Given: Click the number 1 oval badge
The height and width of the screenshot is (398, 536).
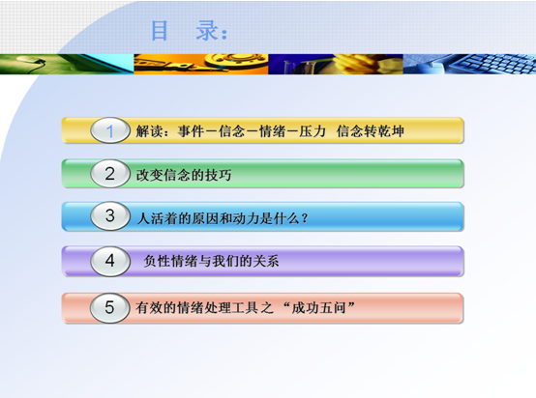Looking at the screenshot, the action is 110,130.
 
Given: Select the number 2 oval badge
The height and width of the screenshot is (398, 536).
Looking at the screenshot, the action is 110,173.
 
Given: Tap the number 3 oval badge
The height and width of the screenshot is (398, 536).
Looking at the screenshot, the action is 110,215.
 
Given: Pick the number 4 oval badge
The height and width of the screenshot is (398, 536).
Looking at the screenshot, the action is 110,261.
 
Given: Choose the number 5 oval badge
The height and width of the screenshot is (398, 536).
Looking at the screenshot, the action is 110,307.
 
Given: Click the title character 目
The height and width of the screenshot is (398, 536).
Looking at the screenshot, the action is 160,30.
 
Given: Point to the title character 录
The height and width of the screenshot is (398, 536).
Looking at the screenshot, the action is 207,30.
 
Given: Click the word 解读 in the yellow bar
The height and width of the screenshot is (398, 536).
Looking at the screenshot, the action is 149,131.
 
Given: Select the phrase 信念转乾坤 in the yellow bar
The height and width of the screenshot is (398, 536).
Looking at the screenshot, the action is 371,131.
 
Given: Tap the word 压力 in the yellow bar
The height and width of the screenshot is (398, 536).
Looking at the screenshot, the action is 313,131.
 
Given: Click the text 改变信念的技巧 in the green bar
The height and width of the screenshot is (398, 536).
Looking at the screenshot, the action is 184,175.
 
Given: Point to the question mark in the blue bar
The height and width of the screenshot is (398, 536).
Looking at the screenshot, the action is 305,217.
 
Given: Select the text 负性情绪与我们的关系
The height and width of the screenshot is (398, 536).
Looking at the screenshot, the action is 211,261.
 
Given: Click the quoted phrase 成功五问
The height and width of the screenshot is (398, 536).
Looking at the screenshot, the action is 318,307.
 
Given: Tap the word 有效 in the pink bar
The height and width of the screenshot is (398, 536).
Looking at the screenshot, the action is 149,307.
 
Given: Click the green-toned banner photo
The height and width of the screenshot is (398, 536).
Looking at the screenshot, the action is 67,64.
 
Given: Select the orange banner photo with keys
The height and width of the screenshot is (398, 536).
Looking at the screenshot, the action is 201,64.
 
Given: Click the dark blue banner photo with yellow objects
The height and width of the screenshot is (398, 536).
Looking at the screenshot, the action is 336,64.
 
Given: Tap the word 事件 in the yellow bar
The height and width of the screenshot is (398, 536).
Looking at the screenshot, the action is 191,131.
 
